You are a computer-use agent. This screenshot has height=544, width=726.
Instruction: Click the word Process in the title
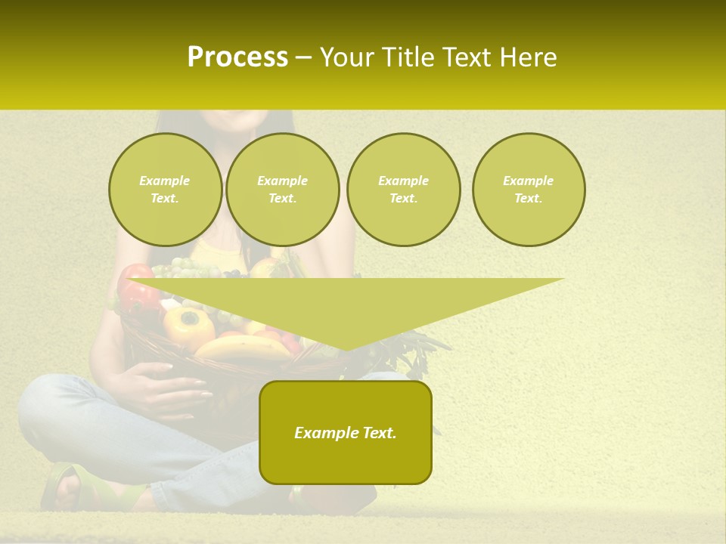click(237, 57)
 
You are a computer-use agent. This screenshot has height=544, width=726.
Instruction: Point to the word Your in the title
click(347, 57)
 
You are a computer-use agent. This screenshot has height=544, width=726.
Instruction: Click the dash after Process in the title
click(303, 58)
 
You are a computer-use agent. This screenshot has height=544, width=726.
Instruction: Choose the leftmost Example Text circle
click(165, 190)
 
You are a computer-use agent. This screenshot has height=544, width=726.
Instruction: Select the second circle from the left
click(282, 190)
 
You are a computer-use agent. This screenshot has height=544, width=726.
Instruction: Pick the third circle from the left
click(403, 190)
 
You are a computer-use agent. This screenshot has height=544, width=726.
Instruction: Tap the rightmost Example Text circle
click(528, 190)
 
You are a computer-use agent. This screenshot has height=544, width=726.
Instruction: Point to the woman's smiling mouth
click(237, 116)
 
